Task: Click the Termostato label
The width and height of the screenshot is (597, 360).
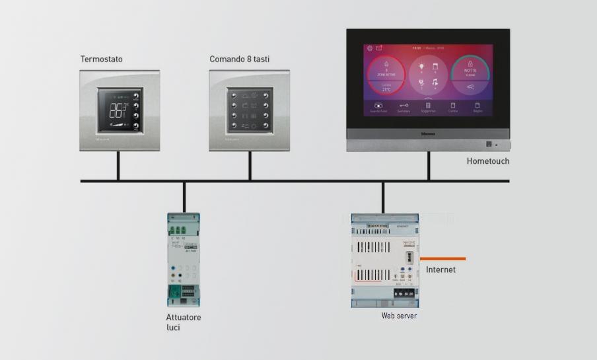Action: (x=101, y=59)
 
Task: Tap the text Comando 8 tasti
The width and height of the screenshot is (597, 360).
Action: (x=239, y=59)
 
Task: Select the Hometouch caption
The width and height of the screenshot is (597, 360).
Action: (x=488, y=161)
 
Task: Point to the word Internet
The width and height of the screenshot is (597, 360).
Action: (x=440, y=270)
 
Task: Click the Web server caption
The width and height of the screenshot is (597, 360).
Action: (x=399, y=316)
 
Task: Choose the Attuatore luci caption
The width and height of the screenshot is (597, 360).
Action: (x=183, y=322)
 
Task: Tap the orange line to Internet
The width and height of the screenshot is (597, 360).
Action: (x=442, y=258)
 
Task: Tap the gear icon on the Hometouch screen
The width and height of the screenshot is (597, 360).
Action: (x=370, y=48)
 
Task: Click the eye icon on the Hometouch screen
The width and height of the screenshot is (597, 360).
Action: (x=378, y=105)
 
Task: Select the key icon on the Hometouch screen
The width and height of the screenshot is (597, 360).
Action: (x=404, y=105)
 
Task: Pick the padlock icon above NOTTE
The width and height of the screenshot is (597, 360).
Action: (x=470, y=63)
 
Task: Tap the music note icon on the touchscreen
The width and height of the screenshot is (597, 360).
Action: (x=435, y=83)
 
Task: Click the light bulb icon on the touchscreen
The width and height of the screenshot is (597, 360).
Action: (x=421, y=67)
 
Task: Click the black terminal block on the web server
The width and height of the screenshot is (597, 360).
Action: (x=404, y=293)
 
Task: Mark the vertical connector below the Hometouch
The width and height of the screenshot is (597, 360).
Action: (x=428, y=166)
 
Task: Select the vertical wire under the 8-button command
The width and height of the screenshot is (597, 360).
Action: (x=250, y=166)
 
